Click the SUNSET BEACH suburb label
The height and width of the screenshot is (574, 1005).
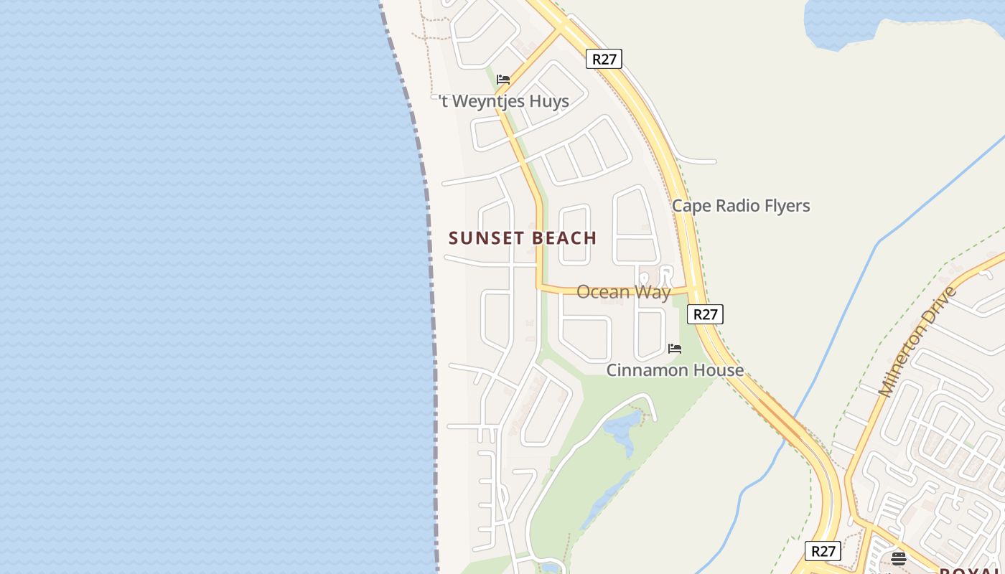(x=523, y=238)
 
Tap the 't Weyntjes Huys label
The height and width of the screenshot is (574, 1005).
(x=504, y=102)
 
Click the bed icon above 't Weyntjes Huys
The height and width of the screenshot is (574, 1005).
(x=503, y=80)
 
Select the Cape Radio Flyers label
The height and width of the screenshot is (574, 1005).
(x=741, y=206)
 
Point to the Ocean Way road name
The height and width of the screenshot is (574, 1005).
(x=623, y=292)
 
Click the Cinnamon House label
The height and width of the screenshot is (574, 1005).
(x=675, y=370)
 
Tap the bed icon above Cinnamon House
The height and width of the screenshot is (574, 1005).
(x=675, y=349)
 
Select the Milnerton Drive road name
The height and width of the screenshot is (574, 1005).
(x=918, y=342)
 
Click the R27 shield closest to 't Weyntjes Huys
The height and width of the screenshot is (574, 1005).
(x=604, y=59)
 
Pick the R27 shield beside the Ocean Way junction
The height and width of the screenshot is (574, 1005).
(x=705, y=314)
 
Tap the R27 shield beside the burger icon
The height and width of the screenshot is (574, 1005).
(x=823, y=551)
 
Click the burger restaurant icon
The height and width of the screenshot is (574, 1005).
(x=899, y=558)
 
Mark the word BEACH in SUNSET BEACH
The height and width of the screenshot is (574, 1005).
(x=564, y=238)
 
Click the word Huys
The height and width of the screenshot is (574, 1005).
(x=549, y=102)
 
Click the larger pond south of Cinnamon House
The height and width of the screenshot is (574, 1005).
(x=622, y=429)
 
